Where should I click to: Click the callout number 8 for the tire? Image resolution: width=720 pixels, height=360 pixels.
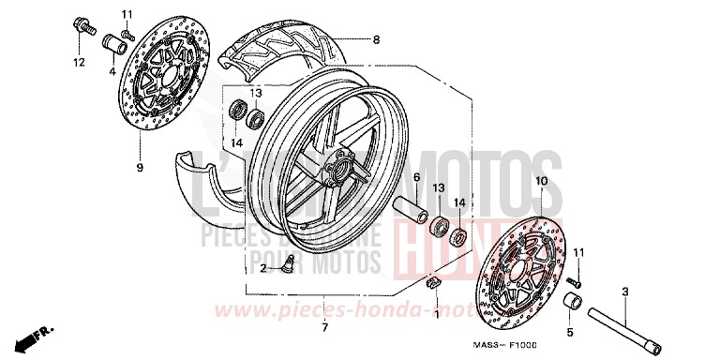coord(376,39)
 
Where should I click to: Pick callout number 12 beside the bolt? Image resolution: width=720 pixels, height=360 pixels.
coord(79,63)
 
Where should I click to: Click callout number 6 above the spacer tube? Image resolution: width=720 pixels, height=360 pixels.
coord(416,177)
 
